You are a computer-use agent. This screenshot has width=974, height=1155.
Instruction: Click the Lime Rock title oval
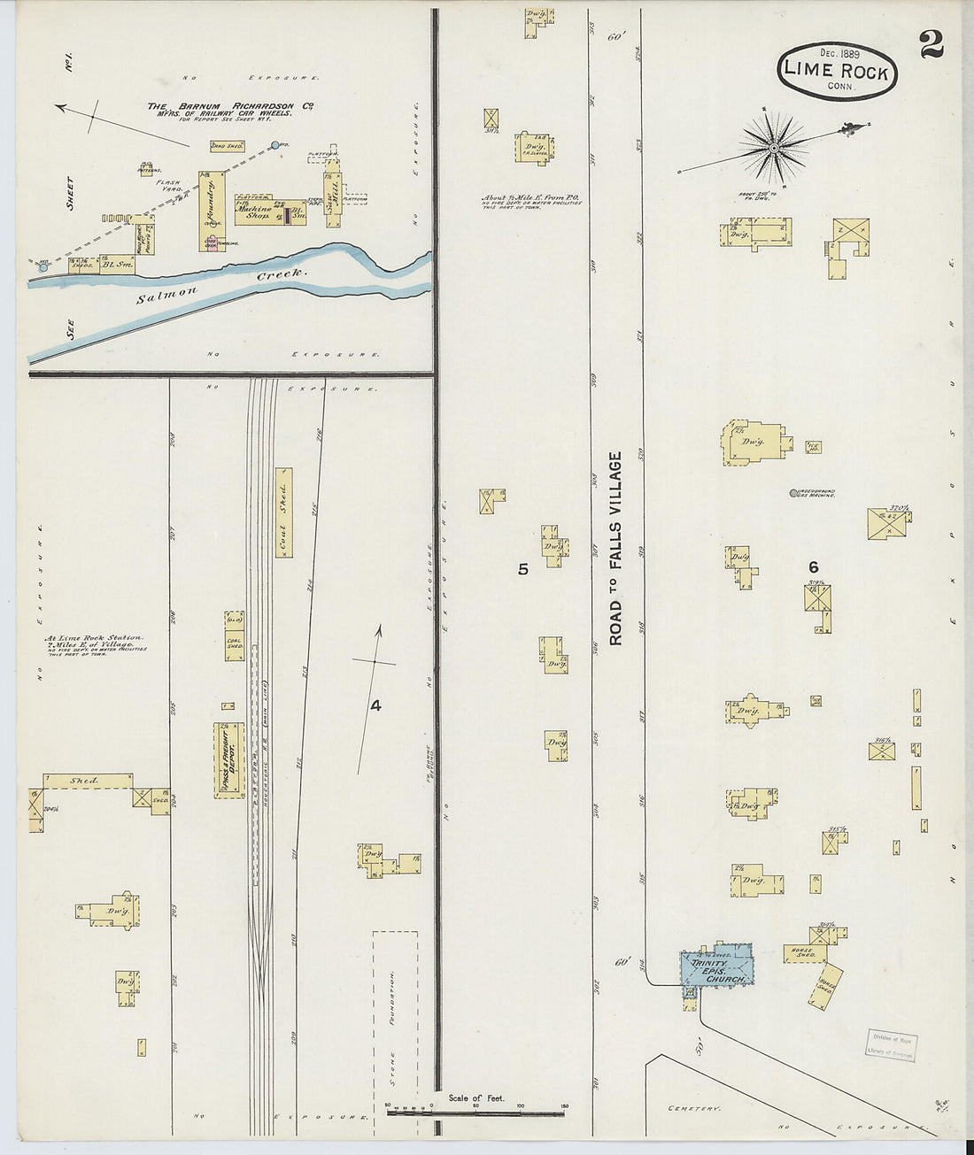click(837, 71)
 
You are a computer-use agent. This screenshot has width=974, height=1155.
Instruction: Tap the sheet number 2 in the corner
click(931, 43)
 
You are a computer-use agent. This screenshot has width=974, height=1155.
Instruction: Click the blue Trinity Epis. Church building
click(716, 965)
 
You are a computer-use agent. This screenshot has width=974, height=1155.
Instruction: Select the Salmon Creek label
click(221, 286)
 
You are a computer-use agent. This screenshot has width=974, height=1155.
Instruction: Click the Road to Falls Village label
click(615, 548)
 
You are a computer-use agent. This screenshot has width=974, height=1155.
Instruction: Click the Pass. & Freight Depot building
click(228, 760)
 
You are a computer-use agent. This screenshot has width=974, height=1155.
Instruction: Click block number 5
click(523, 569)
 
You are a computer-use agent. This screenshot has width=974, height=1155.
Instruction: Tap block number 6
click(813, 567)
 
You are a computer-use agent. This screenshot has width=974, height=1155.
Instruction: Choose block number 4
click(375, 705)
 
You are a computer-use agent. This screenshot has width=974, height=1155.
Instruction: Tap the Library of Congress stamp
click(890, 1044)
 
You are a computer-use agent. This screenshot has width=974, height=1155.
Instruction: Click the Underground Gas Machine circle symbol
click(791, 492)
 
